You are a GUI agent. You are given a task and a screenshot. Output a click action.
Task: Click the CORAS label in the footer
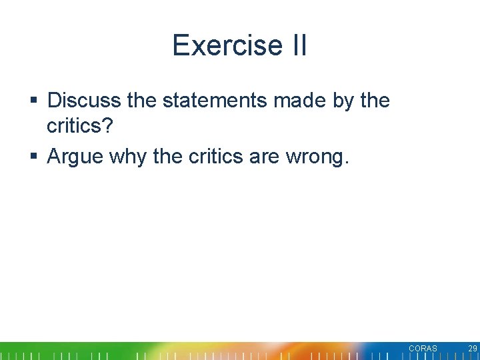tap(423, 349)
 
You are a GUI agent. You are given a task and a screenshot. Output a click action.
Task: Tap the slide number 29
tap(472, 349)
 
